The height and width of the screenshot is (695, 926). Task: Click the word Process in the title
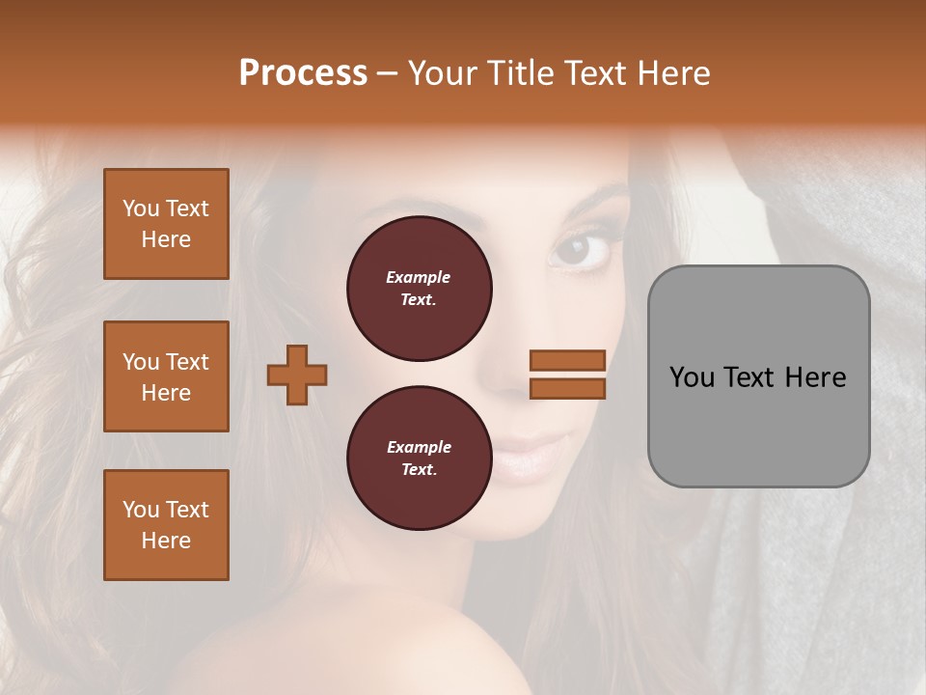(303, 73)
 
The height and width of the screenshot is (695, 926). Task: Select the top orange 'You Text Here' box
(166, 224)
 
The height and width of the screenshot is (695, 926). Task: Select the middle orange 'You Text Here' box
(166, 376)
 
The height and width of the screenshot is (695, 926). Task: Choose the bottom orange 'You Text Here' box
(166, 525)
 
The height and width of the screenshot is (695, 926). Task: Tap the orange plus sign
(297, 375)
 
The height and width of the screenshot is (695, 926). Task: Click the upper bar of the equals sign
(567, 360)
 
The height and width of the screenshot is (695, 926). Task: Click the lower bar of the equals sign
(567, 388)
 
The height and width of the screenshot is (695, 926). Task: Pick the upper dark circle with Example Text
(419, 289)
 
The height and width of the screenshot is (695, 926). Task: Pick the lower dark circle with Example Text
(419, 459)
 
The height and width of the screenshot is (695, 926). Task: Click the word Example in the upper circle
(419, 277)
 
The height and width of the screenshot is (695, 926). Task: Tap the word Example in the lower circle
(419, 447)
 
